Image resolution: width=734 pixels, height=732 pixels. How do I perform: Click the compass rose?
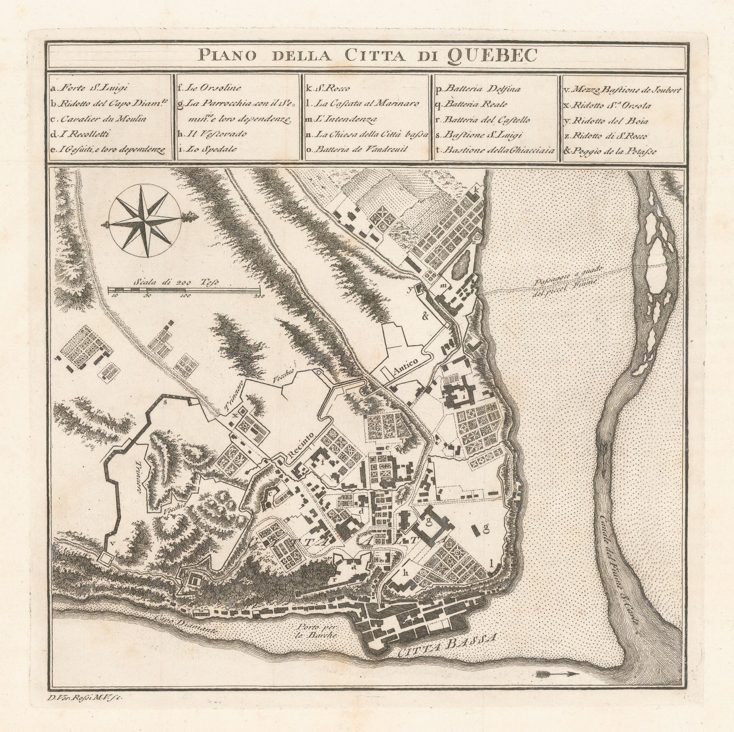point(146,223)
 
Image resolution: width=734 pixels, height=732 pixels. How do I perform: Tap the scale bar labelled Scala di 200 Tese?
point(184,290)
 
